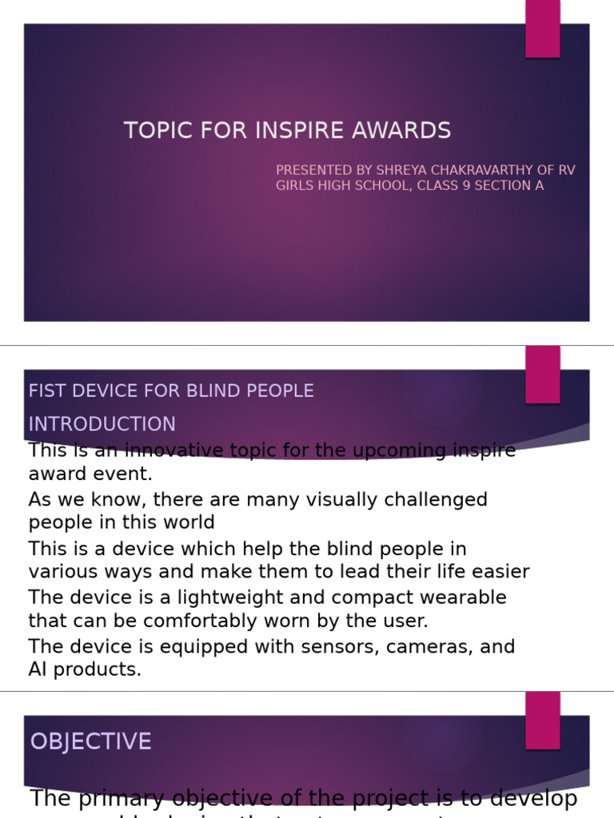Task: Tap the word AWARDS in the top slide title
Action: coord(411,131)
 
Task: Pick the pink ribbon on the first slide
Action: coord(543,29)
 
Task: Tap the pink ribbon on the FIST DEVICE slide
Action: coord(543,374)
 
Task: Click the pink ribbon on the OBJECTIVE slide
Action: coord(543,720)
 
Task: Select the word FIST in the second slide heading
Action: coord(44,391)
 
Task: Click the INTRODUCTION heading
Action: coord(102,424)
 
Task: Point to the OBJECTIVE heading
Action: coord(90,741)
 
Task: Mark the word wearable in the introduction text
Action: coord(470,598)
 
